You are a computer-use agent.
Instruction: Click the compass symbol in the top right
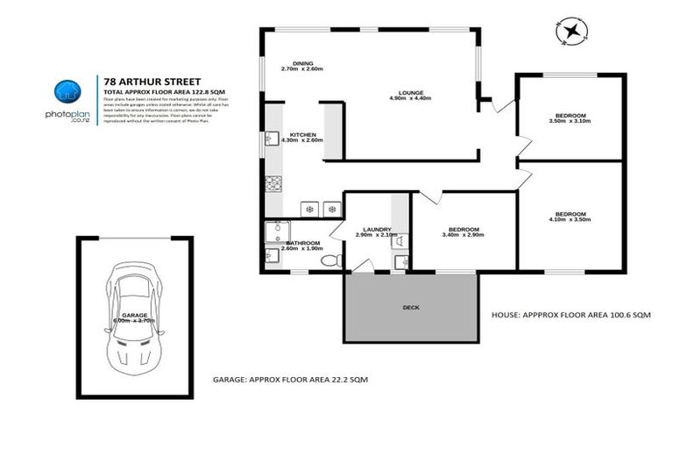571,32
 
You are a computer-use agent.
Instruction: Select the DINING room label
302,63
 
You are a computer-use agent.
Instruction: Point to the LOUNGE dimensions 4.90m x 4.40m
409,99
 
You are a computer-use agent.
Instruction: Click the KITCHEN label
303,134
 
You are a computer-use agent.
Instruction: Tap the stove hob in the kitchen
273,185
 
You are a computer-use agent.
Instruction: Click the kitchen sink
271,139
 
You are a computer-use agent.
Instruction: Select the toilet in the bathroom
328,260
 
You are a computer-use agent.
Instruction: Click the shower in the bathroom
273,231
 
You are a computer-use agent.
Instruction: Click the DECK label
411,308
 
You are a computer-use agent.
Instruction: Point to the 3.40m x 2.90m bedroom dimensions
461,236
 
